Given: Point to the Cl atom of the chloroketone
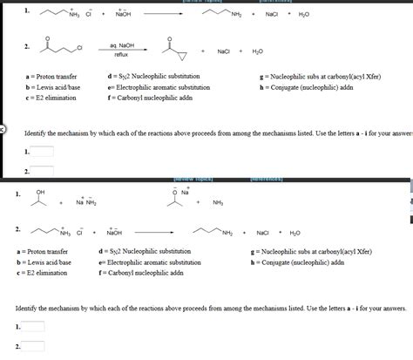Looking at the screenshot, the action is point(81,46).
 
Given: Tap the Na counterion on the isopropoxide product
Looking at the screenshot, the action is point(185,192).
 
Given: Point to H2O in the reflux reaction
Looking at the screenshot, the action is point(257,51).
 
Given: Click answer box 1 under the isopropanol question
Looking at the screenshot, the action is point(32,327).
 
